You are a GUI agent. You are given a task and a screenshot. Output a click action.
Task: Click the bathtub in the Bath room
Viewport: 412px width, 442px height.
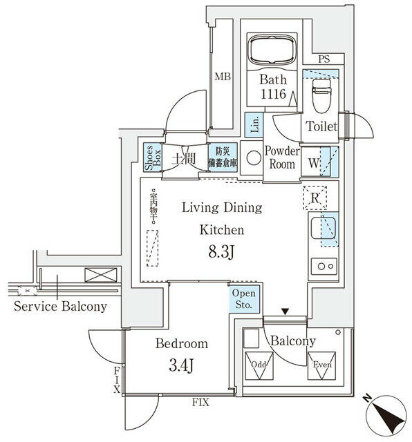tap(272, 49)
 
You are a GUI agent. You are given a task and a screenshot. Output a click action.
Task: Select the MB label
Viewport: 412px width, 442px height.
tap(221, 77)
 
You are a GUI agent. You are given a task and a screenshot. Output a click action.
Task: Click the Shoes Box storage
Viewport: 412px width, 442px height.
tap(150, 157)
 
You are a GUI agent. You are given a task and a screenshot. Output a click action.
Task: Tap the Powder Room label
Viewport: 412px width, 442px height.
tap(282, 157)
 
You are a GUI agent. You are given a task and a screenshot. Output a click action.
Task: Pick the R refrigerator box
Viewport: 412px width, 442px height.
tap(315, 198)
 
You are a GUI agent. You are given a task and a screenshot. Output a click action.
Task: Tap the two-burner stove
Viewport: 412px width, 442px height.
tap(324, 265)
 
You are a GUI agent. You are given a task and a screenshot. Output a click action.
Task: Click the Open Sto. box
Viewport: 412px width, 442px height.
tap(245, 299)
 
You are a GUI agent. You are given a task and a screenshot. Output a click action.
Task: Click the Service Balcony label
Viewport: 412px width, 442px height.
tap(60, 306)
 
